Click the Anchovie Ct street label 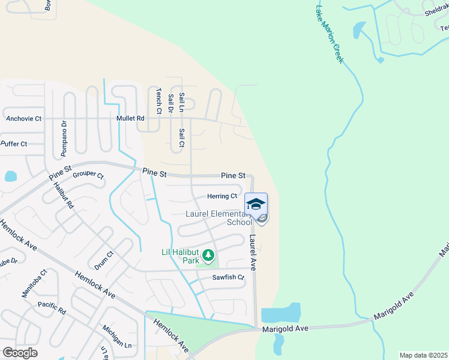click(x=23, y=119)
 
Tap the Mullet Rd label click(x=132, y=119)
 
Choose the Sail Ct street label click(x=181, y=138)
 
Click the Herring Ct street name click(x=222, y=196)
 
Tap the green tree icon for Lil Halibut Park click(x=208, y=256)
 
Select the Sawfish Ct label click(x=228, y=278)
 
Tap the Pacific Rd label click(x=51, y=308)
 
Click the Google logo click(x=20, y=353)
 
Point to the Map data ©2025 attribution click(x=423, y=355)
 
